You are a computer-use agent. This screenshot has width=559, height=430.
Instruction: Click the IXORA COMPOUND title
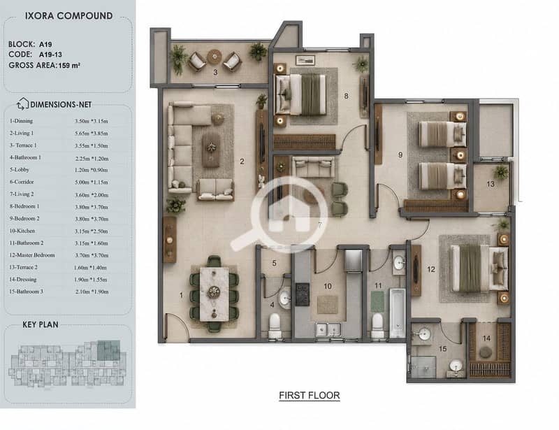pos(68,16)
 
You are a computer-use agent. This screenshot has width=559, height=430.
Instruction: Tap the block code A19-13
pos(50,55)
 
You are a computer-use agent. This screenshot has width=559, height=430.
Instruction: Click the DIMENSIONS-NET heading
pos(61,105)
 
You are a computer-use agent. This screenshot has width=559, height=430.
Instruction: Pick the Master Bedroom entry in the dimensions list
pos(32,255)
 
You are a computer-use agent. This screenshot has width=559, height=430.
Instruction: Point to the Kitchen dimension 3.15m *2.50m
pos(92,231)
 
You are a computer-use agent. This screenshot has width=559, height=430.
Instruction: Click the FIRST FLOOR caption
pos(310,395)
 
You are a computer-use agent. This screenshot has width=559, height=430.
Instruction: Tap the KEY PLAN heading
pos(41,324)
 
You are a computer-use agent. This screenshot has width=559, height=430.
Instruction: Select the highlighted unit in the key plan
pos(109,350)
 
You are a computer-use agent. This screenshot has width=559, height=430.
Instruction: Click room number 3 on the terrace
pos(215,73)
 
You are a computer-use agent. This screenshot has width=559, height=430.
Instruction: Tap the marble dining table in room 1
pos(214,294)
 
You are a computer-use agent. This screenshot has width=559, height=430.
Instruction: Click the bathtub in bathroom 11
pos(397,313)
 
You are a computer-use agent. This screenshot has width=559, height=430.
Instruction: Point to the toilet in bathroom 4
pos(275,324)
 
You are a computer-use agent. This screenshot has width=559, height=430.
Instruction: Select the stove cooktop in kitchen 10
pos(303,294)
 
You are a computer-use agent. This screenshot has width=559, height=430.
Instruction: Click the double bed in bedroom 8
pos(300,94)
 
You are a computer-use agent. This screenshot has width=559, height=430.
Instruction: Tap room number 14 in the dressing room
pos(486,338)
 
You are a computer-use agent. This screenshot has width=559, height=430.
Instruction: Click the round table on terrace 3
pos(215,57)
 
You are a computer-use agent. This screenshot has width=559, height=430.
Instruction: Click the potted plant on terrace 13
pos(501,172)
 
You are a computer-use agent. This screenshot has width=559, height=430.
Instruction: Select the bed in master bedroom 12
pos(479,268)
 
